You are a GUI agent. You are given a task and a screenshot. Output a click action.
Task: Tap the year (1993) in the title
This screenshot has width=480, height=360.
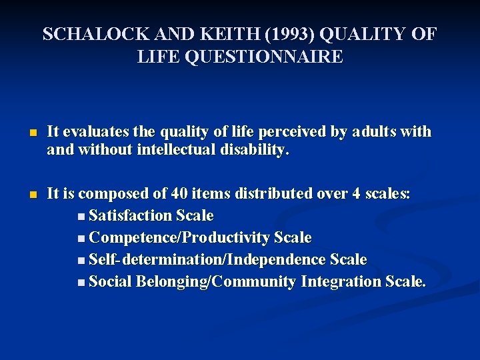249,35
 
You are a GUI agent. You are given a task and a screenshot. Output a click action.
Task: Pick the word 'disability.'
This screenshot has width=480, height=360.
257,150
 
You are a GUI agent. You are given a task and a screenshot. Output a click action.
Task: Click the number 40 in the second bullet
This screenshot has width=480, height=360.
179,194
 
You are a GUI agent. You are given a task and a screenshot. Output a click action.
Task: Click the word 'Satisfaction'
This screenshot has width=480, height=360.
131,216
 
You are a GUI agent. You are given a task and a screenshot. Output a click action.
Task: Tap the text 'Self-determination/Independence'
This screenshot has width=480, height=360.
207,259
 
